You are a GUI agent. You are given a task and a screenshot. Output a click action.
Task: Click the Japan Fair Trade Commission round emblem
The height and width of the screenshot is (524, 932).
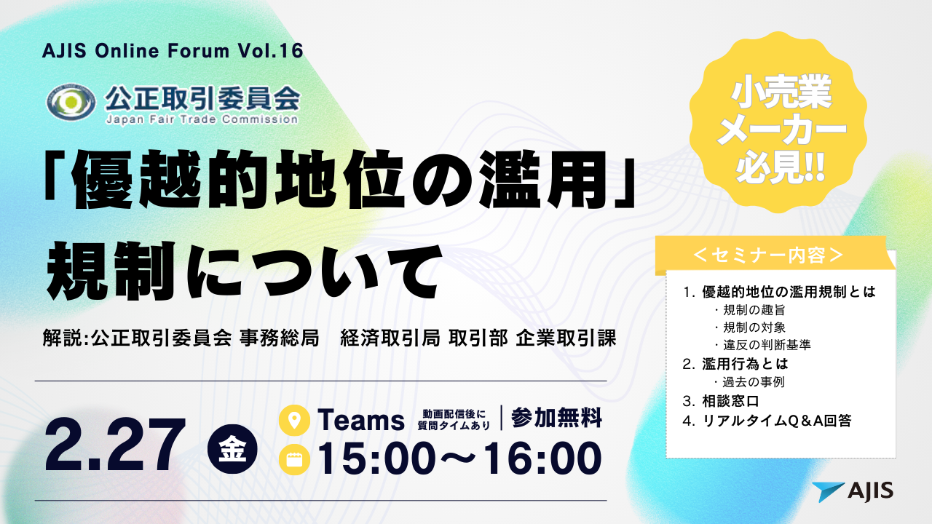[x=71, y=103]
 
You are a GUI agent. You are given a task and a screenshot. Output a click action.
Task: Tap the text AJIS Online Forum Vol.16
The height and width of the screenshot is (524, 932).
[x=173, y=51]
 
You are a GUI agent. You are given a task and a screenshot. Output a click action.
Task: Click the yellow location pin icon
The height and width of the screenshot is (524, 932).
[x=294, y=420]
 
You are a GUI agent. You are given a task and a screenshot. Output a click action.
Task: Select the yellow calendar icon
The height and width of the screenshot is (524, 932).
[x=294, y=459]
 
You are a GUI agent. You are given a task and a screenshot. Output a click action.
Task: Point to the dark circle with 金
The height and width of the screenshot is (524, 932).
[x=232, y=449]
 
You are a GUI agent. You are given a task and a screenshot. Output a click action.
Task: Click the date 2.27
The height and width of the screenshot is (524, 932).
[x=115, y=445]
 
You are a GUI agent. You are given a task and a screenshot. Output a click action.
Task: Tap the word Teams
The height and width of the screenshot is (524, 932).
[x=360, y=420]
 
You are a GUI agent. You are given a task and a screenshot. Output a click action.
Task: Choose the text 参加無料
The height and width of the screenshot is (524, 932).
[x=556, y=418]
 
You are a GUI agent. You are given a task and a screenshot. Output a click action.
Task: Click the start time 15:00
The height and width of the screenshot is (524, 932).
[x=376, y=458]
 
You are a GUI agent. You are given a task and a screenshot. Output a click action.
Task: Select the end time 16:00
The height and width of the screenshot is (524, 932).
[x=542, y=458]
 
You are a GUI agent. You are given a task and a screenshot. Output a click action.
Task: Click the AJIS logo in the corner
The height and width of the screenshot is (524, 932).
[x=853, y=492]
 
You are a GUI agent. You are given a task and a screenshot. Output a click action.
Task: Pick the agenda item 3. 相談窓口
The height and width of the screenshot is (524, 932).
[x=721, y=401]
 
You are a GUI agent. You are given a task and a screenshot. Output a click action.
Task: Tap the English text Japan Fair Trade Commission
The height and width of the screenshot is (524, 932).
[x=202, y=120]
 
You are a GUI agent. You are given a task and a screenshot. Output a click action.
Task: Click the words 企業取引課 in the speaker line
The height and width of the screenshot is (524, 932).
[x=566, y=338]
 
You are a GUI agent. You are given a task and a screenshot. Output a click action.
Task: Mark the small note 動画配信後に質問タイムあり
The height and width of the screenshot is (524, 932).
[x=454, y=420]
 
